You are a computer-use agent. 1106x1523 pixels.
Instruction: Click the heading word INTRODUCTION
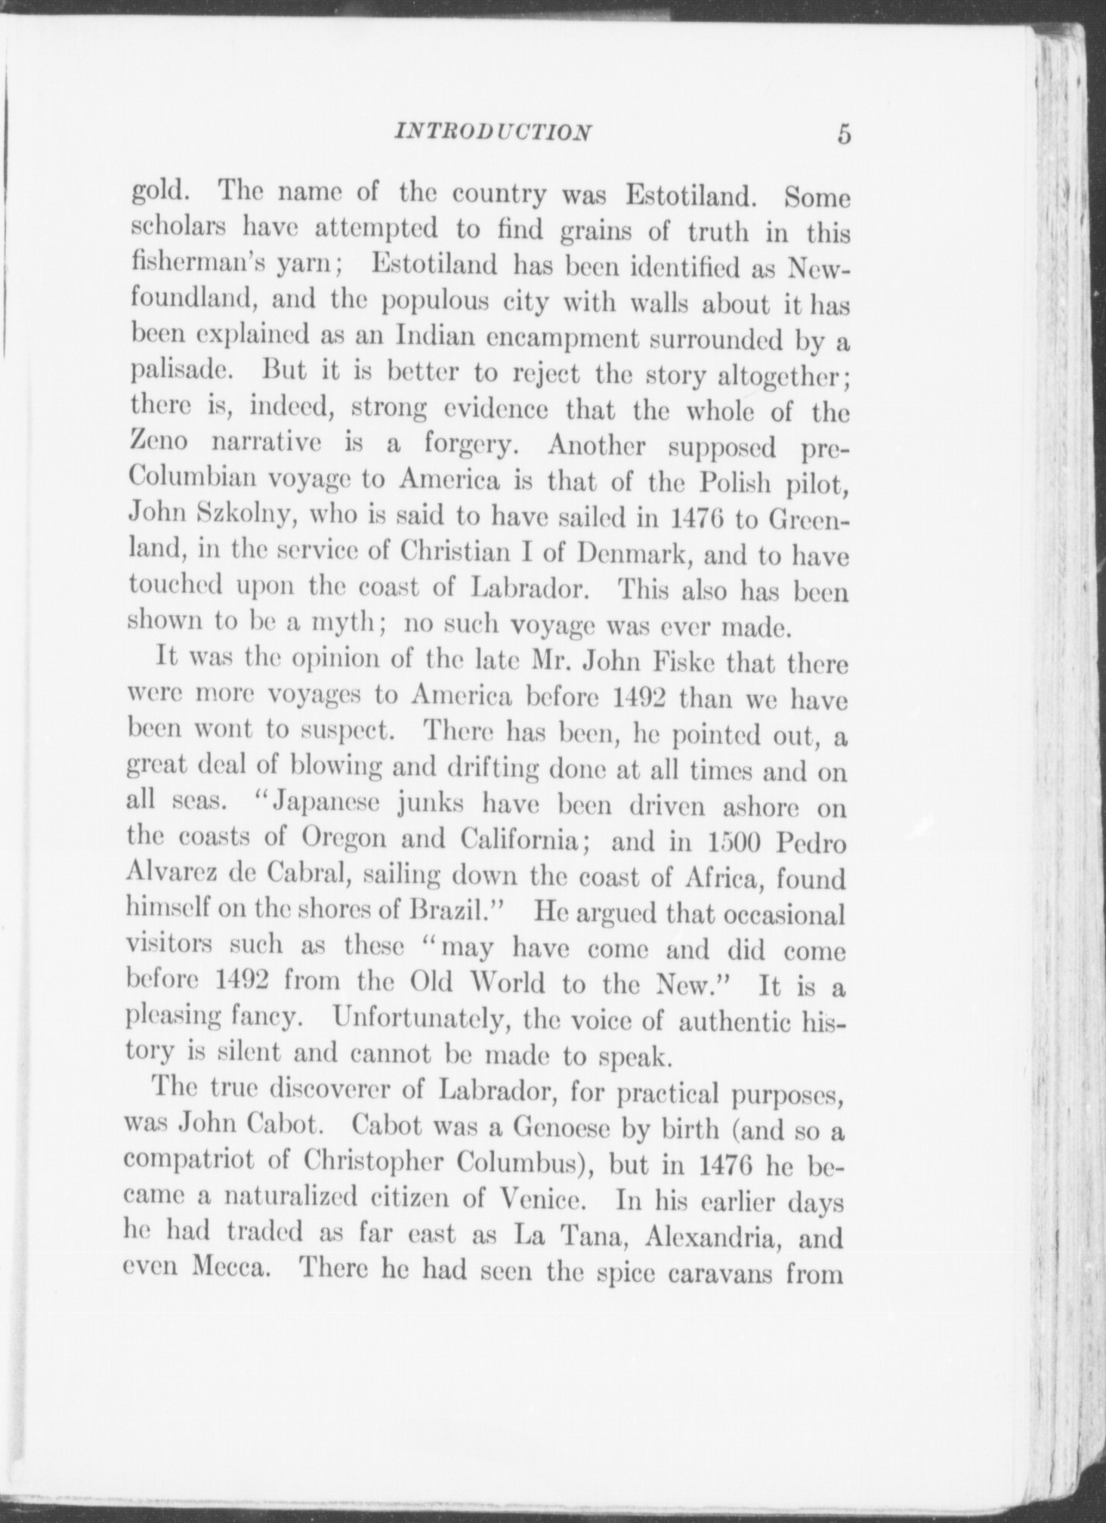coord(493,133)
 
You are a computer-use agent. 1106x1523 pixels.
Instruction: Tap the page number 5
coord(843,134)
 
